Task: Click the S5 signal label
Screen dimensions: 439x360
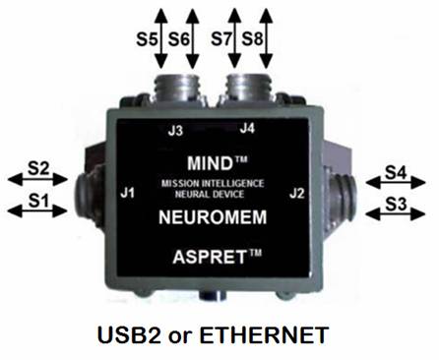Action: click(x=148, y=39)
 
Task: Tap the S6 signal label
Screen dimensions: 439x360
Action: click(x=179, y=39)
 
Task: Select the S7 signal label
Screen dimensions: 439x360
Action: click(x=221, y=39)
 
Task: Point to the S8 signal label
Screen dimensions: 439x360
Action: click(x=252, y=39)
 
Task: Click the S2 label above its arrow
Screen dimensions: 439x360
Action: click(x=38, y=168)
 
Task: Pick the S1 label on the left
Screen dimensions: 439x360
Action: click(x=38, y=201)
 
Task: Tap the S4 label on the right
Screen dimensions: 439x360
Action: click(x=396, y=172)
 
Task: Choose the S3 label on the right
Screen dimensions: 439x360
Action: click(x=396, y=205)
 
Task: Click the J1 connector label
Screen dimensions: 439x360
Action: click(x=127, y=193)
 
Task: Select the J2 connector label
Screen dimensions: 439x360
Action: click(x=297, y=193)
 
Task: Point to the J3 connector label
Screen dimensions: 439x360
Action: click(x=175, y=131)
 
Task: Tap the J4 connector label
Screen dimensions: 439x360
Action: click(x=247, y=128)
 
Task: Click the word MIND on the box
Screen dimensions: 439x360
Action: click(x=209, y=163)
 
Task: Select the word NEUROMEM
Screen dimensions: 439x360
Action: click(x=213, y=217)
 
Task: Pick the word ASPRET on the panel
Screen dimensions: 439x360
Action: click(x=210, y=257)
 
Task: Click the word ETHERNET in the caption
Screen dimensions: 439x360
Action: click(x=264, y=335)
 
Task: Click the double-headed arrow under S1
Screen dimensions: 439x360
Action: click(x=37, y=210)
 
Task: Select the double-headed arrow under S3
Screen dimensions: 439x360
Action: click(x=395, y=214)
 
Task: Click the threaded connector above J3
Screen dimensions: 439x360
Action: click(x=176, y=88)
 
